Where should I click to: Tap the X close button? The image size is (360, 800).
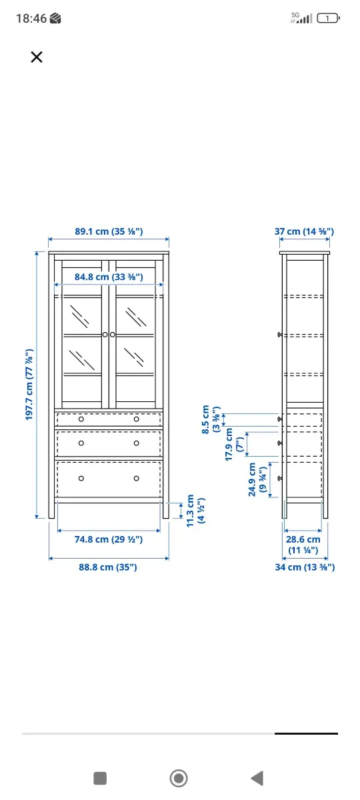[x=37, y=57]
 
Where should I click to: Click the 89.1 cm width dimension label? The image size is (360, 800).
[x=109, y=232]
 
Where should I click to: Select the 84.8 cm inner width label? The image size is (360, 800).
[x=109, y=277]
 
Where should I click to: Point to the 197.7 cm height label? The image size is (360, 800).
[x=30, y=385]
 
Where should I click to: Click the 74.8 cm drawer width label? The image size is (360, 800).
[x=108, y=539]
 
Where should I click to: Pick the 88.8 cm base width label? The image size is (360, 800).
[x=108, y=567]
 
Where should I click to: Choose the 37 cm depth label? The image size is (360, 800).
[x=304, y=232]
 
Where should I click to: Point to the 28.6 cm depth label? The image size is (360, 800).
[x=303, y=544]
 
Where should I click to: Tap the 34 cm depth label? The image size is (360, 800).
[x=304, y=567]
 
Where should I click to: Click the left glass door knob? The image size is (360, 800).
[x=105, y=334]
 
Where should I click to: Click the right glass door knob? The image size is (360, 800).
[x=113, y=334]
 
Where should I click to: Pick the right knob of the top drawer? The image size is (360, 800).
[x=137, y=419]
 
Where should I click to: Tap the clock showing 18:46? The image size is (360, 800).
[x=31, y=19]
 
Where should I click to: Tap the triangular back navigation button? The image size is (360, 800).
[x=257, y=777]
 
